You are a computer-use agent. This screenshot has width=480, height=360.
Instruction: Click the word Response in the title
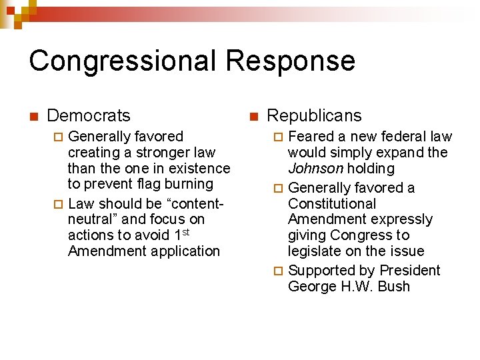point(290,61)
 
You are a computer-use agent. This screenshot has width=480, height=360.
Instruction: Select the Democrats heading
point(89,115)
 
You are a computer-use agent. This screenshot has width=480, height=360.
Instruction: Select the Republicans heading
point(314,115)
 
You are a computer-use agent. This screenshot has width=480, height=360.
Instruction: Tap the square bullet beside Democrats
point(34,117)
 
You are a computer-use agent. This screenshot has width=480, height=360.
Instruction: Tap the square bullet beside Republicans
point(253,117)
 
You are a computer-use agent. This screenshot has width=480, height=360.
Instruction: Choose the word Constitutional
point(332,204)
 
